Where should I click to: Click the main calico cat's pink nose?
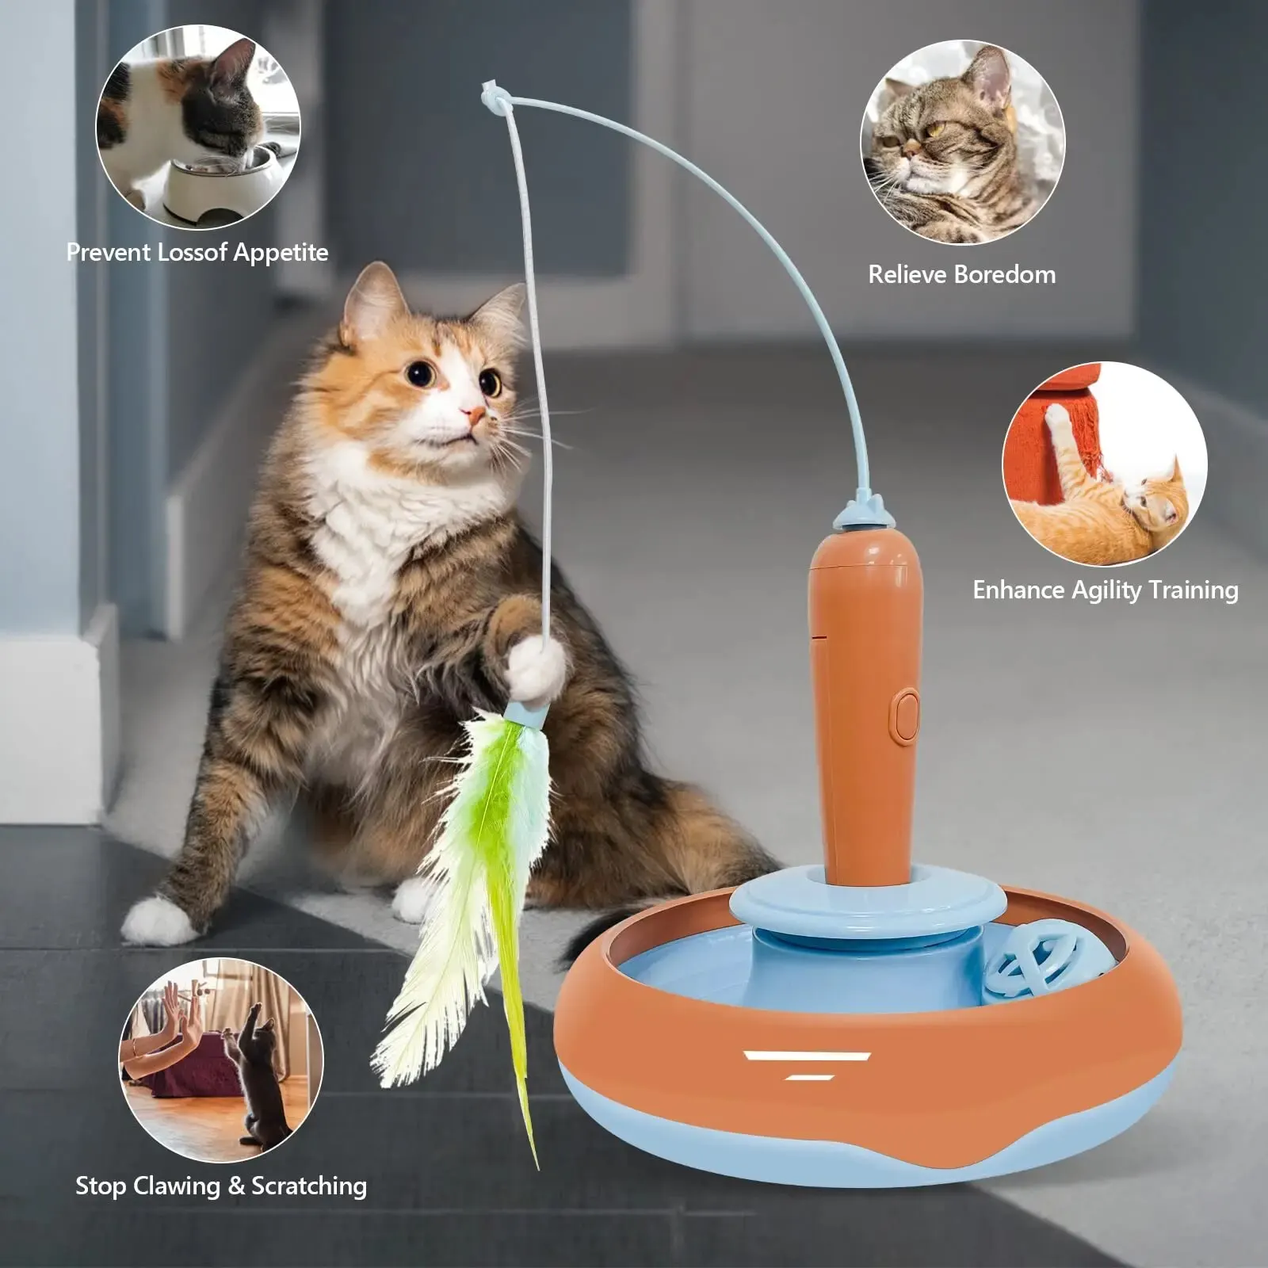click(x=474, y=414)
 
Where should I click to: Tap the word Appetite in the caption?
click(x=281, y=253)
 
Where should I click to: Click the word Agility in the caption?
click(x=1106, y=590)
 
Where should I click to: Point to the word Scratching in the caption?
click(x=309, y=1186)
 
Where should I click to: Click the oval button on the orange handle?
click(x=907, y=715)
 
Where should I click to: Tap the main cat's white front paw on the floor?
click(x=158, y=919)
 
